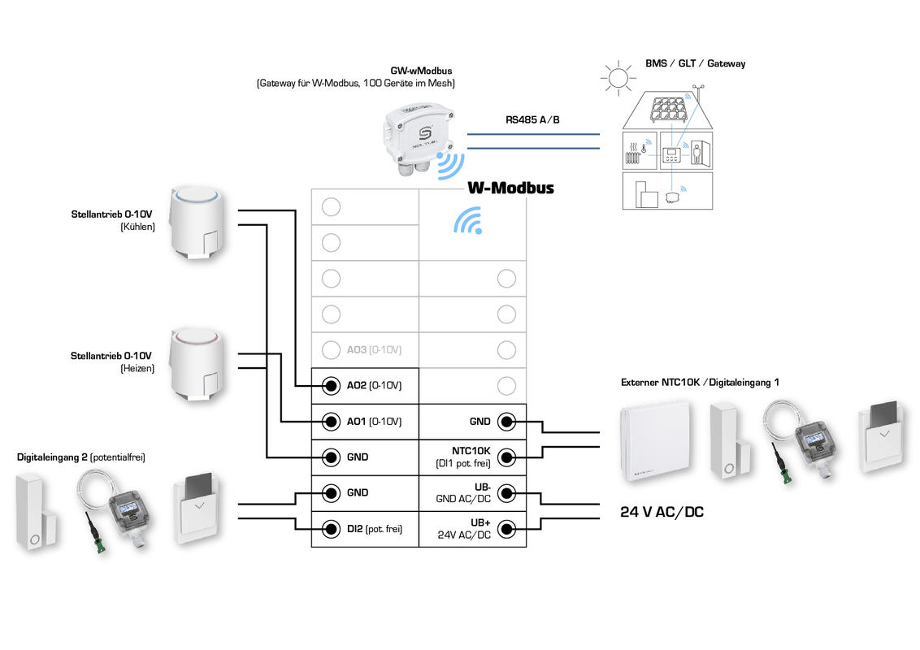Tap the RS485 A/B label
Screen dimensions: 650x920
pos(532,119)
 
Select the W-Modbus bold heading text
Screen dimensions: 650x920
pos(510,188)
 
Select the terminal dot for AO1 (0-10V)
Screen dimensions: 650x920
pos(331,422)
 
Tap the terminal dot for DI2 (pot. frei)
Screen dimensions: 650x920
pos(331,529)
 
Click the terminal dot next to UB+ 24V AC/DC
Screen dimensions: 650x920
pos(506,529)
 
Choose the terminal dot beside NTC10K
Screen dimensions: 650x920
pos(506,457)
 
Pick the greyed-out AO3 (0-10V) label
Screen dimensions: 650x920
pos(374,350)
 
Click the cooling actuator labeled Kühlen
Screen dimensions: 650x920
pos(196,224)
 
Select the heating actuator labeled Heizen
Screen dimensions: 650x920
pos(196,366)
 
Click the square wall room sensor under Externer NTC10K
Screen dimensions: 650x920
pos(654,443)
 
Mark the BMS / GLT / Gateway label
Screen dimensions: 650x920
pos(695,63)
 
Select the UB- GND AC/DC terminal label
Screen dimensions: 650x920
pos(463,493)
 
